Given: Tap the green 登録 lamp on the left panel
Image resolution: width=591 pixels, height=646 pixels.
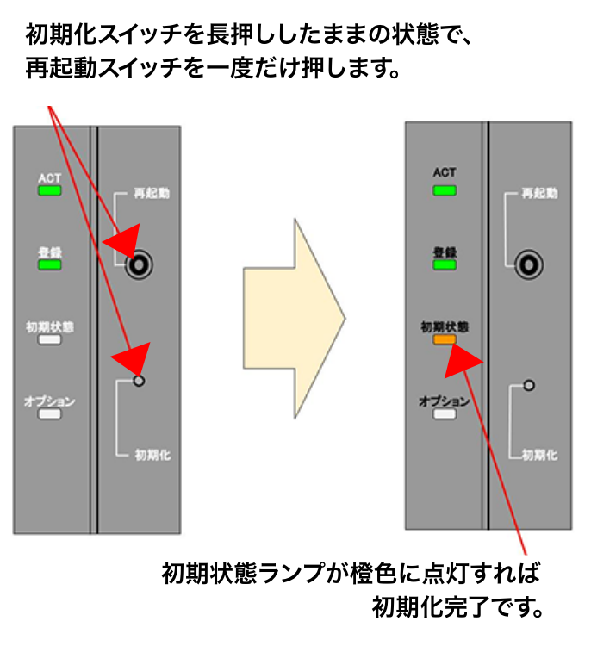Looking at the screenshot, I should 50,265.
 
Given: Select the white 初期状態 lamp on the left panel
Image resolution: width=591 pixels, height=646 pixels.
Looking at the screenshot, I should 50,340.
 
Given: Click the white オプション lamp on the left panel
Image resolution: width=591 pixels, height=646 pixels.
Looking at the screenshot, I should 50,414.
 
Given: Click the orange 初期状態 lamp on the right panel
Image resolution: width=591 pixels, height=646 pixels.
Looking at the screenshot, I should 445,340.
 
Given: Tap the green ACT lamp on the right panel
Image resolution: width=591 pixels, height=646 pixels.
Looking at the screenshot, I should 445,190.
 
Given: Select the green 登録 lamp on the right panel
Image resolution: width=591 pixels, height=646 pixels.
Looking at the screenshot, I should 445,265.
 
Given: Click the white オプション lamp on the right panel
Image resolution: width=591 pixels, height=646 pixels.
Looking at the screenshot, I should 445,414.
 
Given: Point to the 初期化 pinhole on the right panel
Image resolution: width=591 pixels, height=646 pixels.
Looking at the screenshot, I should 529,385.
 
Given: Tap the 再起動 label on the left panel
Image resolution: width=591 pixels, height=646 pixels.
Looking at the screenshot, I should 151,193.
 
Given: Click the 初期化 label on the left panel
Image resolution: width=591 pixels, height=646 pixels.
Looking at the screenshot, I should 152,454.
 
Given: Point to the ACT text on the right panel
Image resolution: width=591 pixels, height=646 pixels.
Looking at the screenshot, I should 445,173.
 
